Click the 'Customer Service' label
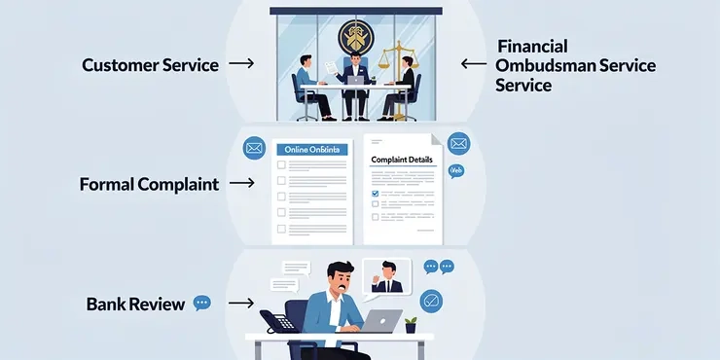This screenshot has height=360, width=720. [x=149, y=65]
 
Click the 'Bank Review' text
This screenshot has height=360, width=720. [x=135, y=305]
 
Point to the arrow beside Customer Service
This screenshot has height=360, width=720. [x=241, y=64]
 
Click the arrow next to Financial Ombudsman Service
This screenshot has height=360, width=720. [x=474, y=64]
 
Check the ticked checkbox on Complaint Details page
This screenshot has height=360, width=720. [x=375, y=193]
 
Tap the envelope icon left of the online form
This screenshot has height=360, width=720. [x=254, y=149]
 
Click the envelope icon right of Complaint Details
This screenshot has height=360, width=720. [x=459, y=144]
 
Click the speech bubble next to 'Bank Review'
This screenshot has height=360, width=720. [x=202, y=304]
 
